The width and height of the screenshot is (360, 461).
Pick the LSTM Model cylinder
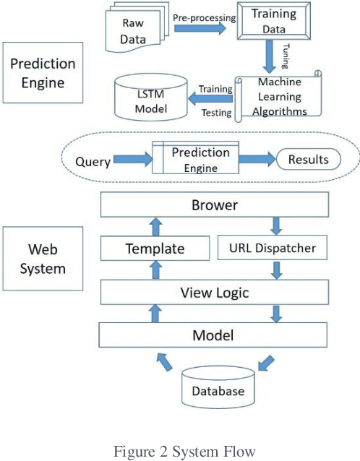click(x=151, y=100)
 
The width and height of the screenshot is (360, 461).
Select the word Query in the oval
click(x=93, y=160)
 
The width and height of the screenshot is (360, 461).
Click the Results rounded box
click(x=308, y=160)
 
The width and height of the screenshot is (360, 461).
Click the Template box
click(x=155, y=249)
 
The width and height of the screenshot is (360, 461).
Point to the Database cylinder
click(x=218, y=388)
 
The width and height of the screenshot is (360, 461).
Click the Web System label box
click(x=42, y=259)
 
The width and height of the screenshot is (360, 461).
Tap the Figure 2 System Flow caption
click(x=184, y=452)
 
